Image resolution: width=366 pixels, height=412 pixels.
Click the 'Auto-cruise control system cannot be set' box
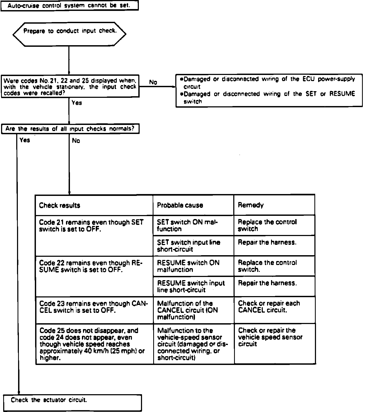tap(69, 6)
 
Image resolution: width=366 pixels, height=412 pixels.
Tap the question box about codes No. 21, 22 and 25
tap(70, 86)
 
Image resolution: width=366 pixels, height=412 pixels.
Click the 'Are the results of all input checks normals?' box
tap(70, 129)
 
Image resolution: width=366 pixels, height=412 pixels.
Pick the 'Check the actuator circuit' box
tap(72, 403)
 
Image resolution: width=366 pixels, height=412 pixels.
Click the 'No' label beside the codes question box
tap(153, 82)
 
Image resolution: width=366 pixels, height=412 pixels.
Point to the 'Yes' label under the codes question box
tap(77, 103)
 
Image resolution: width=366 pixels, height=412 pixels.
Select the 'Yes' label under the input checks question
tap(25, 140)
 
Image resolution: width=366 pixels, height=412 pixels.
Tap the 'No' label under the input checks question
tap(76, 141)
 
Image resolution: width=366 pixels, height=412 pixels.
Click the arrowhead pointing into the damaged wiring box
tap(174, 87)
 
